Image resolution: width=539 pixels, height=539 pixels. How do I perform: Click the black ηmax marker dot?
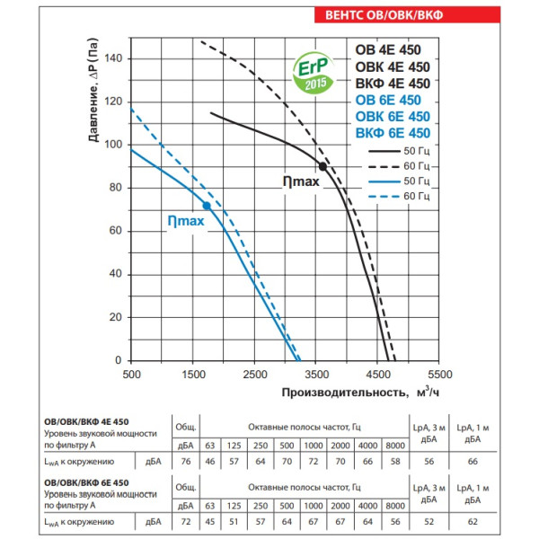pyautogui.click(x=323, y=167)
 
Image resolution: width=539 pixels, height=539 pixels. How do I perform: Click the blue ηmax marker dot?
pyautogui.click(x=208, y=206)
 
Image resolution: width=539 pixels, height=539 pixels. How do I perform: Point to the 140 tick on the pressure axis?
pyautogui.click(x=113, y=58)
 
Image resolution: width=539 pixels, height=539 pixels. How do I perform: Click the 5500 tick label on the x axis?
pyautogui.click(x=439, y=374)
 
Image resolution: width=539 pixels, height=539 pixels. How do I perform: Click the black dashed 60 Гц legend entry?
pyautogui.click(x=401, y=166)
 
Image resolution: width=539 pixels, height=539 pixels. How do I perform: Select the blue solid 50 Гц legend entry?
pyautogui.click(x=401, y=181)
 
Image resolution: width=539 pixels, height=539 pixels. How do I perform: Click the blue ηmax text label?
pyautogui.click(x=185, y=219)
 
